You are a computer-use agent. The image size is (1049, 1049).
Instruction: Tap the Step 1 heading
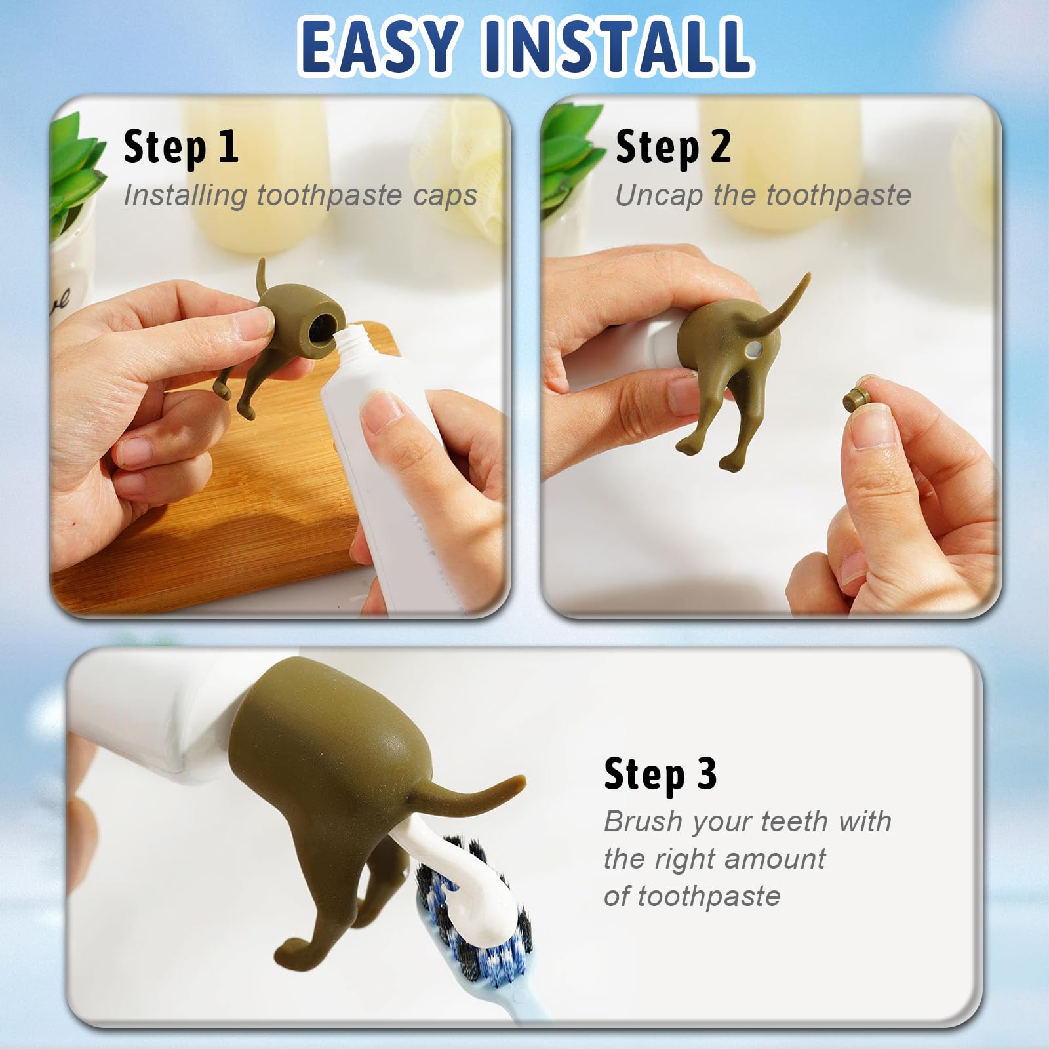coord(180,147)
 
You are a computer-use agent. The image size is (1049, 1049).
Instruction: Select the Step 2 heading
coord(673,147)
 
